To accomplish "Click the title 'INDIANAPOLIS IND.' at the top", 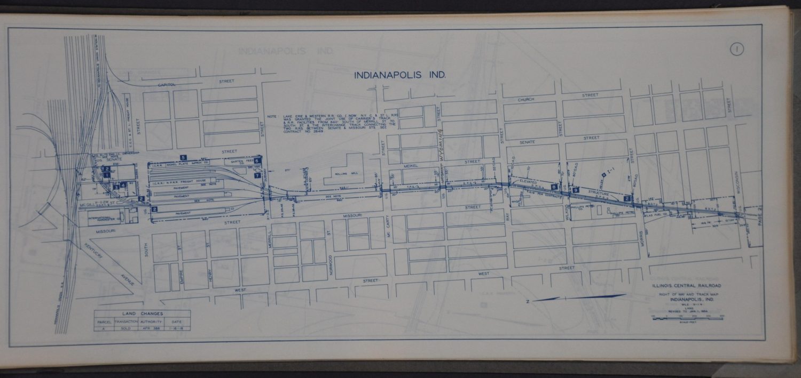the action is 399,75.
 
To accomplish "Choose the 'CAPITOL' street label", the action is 166,85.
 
